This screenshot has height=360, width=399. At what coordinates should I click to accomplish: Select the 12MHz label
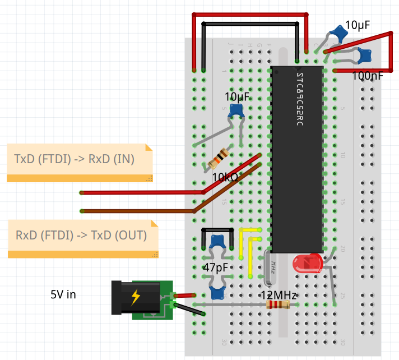pos(279,296)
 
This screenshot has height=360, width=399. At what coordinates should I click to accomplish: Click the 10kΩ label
pos(225,178)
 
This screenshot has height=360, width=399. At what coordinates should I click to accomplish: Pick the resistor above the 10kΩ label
pos(219,158)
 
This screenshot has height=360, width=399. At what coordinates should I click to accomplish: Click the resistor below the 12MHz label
pos(279,305)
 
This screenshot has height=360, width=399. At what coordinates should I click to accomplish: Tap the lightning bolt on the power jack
pos(136,297)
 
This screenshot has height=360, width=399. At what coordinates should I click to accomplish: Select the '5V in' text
pos(63,294)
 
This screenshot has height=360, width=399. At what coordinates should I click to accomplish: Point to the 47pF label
pos(215,267)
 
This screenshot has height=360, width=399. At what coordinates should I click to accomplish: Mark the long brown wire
pos(140,211)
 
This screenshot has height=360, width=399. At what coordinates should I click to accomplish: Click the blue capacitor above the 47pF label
pos(217,242)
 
